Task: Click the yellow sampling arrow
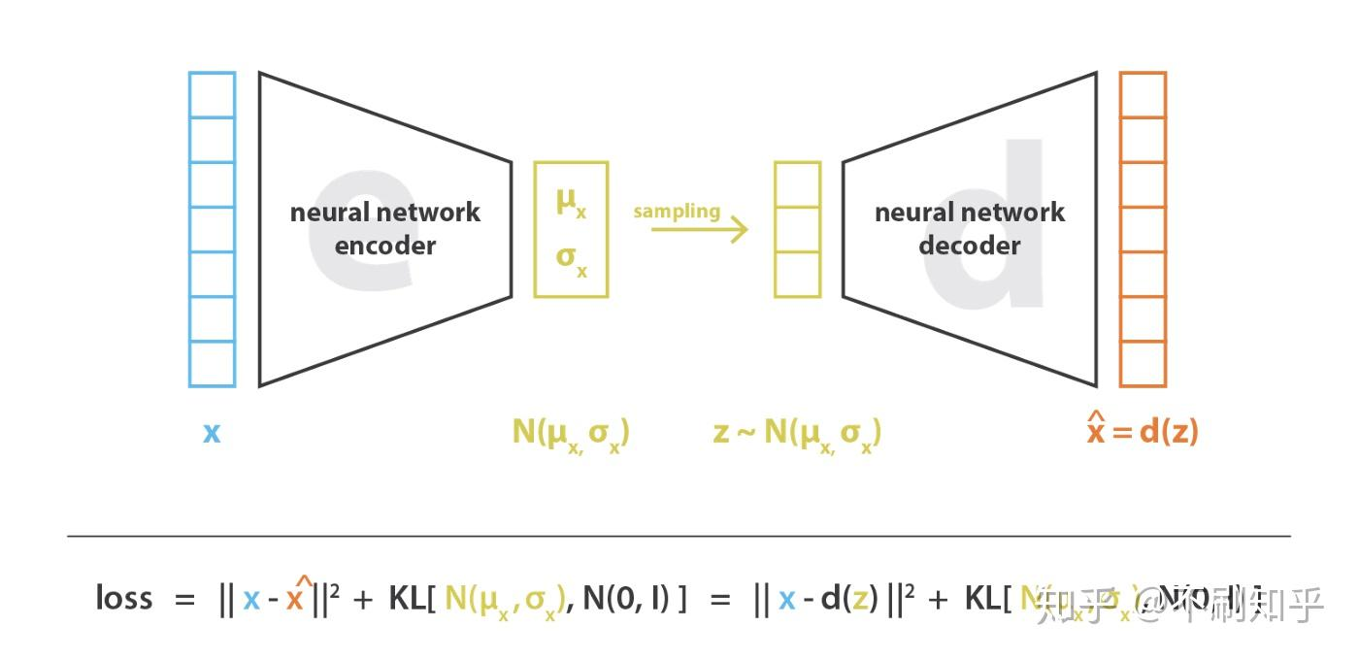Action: click(699, 230)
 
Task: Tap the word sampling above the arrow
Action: click(677, 211)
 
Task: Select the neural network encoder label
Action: click(385, 229)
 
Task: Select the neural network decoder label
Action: click(970, 229)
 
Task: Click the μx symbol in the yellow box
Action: click(571, 203)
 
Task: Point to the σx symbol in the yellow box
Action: click(571, 259)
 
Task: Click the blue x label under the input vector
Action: click(212, 432)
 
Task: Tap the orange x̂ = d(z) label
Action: click(1142, 430)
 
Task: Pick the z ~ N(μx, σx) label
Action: click(797, 432)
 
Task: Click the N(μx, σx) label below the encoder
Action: click(571, 432)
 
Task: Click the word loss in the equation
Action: click(123, 598)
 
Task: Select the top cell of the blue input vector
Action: click(212, 95)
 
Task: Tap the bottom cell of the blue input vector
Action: click(212, 364)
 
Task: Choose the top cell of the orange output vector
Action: click(1143, 95)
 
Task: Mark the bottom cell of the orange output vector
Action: click(1143, 364)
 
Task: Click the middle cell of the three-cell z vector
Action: click(797, 230)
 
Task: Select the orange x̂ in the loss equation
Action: click(295, 597)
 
